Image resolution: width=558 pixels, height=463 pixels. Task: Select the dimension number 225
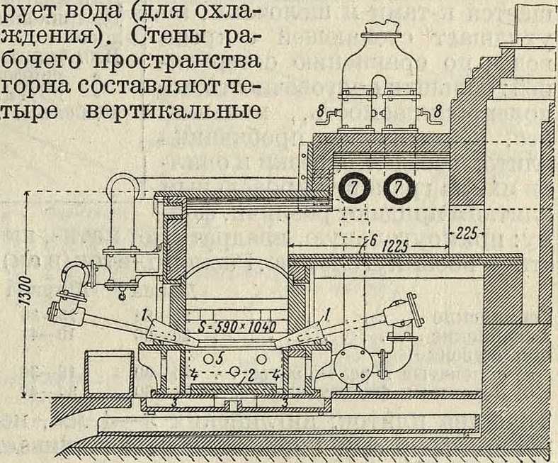pos(468,233)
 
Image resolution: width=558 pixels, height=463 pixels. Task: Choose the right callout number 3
pos(286,402)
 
